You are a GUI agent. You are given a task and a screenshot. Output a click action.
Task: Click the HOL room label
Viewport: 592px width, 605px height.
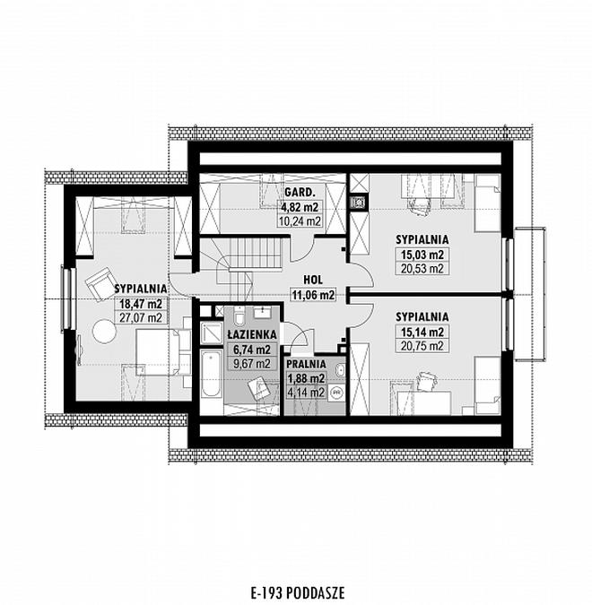[x=313, y=280]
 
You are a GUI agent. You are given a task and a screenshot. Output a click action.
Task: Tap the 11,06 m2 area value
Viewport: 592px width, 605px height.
[x=313, y=295]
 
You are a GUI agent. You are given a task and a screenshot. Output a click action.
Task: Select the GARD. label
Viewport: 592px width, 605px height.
[x=300, y=192]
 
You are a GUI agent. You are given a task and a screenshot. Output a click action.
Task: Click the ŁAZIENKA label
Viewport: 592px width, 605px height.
[x=252, y=334]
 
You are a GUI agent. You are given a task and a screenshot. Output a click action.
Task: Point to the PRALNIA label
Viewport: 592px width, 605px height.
[x=306, y=364]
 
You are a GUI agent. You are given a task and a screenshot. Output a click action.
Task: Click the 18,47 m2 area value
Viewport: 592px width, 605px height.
[x=141, y=304]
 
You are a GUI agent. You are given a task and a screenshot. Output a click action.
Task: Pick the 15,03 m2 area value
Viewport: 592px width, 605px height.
[x=422, y=255]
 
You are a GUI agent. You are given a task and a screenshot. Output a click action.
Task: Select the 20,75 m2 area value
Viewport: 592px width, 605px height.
[x=422, y=346]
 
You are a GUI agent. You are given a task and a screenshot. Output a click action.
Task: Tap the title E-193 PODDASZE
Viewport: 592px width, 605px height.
[x=298, y=592]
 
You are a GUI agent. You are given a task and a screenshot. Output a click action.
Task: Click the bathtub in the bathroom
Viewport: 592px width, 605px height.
[x=211, y=376]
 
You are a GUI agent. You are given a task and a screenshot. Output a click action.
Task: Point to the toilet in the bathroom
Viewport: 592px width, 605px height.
[x=239, y=316]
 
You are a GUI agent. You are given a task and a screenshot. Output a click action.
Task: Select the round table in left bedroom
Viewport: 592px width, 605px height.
[x=104, y=331]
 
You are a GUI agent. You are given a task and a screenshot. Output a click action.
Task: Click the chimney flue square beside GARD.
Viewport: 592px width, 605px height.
[x=359, y=202]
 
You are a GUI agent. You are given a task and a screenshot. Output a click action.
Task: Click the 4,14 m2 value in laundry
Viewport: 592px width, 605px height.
[x=306, y=393]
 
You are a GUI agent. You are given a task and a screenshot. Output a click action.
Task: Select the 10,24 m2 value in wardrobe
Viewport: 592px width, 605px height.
[x=300, y=221]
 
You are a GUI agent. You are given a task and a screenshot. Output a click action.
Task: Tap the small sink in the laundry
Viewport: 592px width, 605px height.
[x=340, y=371]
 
